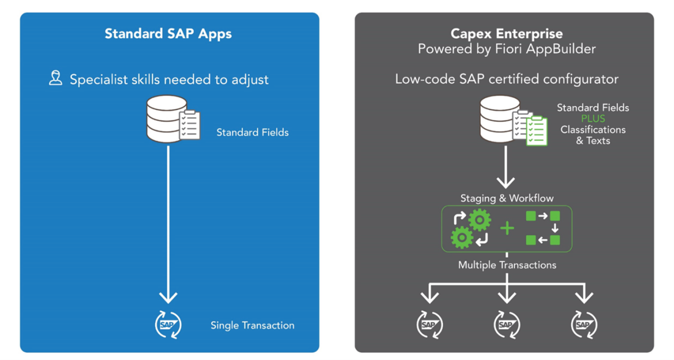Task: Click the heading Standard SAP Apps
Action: [x=168, y=33]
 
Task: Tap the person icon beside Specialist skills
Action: [x=55, y=78]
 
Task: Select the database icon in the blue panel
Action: [x=166, y=119]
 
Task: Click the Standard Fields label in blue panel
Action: [x=252, y=133]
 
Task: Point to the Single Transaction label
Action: [x=252, y=325]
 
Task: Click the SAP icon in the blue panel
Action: [x=168, y=325]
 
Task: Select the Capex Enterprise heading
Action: [x=506, y=34]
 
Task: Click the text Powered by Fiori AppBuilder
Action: [x=506, y=49]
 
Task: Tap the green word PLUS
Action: [x=593, y=119]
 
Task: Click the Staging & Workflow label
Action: [x=507, y=198]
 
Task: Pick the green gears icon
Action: [x=471, y=229]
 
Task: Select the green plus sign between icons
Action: [x=507, y=229]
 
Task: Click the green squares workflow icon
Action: [x=543, y=228]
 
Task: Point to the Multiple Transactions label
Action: [x=507, y=265]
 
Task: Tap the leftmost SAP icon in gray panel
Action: [x=429, y=325]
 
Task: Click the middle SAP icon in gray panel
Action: [x=507, y=325]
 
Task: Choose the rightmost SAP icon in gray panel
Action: [x=584, y=325]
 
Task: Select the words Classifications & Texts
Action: [x=593, y=135]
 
